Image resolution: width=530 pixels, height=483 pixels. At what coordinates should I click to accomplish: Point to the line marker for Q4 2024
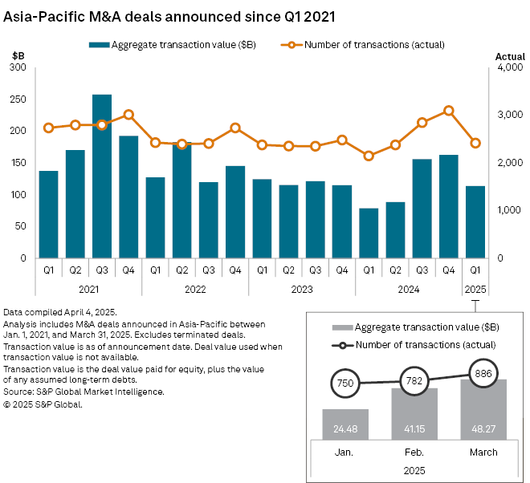coord(448,111)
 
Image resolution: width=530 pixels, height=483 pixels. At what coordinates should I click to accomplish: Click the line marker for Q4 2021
coord(128,115)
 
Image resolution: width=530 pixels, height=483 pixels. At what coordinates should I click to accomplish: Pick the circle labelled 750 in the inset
coord(345,384)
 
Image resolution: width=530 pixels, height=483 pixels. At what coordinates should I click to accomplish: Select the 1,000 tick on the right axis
coord(509,210)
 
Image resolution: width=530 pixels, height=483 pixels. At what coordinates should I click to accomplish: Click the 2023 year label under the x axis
coord(302,287)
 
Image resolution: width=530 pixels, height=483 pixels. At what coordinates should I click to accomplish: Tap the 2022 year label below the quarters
coord(195,287)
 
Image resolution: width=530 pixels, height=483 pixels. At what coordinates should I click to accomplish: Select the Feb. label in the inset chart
coord(414,452)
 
